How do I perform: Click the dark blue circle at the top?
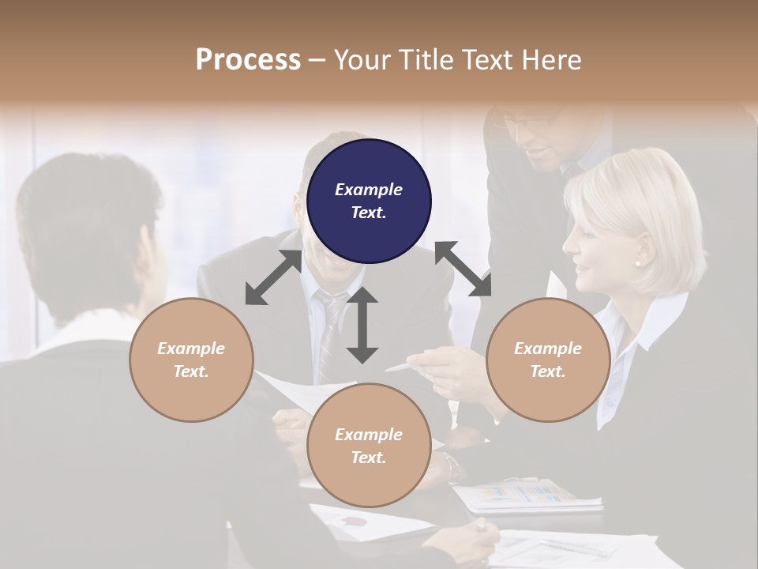[x=369, y=201]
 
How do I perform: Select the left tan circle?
[x=191, y=360]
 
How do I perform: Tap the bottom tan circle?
[x=369, y=445]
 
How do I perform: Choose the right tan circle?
[x=548, y=360]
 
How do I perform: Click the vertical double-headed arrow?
[x=362, y=325]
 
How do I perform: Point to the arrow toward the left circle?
[x=273, y=277]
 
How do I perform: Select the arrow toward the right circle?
[x=463, y=269]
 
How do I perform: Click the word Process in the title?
[x=248, y=59]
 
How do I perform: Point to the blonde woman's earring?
[x=638, y=263]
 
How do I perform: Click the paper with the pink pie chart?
[x=355, y=522]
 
